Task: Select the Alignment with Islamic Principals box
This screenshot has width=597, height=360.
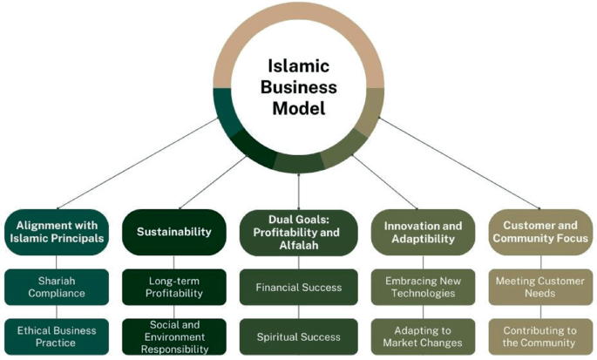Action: (57, 231)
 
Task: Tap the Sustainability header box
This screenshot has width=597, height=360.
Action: (174, 231)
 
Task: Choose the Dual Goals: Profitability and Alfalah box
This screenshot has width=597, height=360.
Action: (299, 231)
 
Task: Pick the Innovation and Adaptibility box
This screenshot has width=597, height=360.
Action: (423, 231)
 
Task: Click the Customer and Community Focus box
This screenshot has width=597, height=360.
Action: (540, 231)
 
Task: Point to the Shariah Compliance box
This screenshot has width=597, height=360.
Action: (57, 286)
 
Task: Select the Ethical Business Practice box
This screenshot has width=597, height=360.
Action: (57, 336)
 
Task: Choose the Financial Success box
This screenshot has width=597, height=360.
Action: (299, 286)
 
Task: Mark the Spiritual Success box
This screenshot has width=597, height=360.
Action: (299, 336)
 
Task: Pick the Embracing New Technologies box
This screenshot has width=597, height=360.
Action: (423, 286)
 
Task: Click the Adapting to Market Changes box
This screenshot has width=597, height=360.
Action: (423, 336)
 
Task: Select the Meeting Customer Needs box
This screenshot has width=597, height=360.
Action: (540, 286)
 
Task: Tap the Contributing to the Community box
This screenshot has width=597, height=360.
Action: (540, 336)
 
